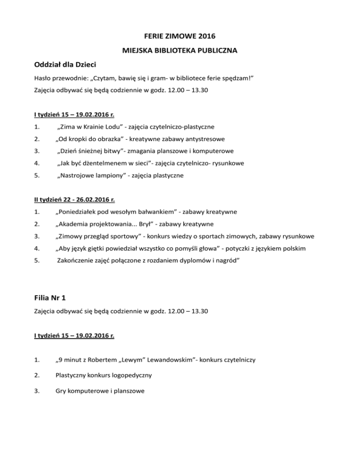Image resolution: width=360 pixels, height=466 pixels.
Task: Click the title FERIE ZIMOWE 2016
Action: pyautogui.click(x=180, y=35)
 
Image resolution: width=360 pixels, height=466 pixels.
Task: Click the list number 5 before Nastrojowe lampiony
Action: pyautogui.click(x=37, y=176)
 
